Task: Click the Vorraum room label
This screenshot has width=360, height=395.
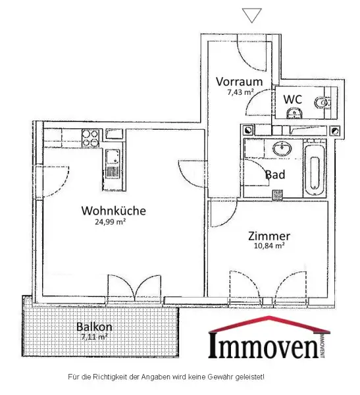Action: point(240,82)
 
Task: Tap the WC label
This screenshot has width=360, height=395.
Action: point(292,99)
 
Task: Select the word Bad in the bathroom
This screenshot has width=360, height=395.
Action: point(275,175)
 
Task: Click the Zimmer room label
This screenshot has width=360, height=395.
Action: point(269,236)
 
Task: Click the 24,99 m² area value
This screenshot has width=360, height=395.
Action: point(110,223)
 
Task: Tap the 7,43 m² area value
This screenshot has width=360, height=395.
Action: point(240,92)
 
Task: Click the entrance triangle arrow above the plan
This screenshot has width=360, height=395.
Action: point(251,14)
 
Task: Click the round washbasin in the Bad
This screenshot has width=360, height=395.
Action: point(284,147)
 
